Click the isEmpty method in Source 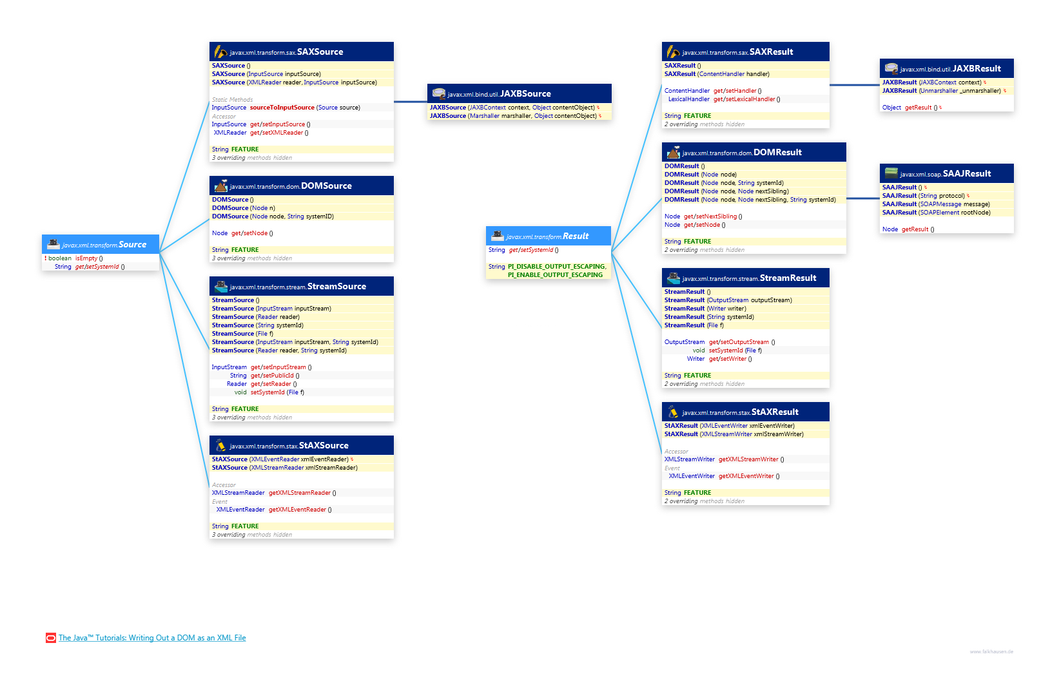tap(86, 258)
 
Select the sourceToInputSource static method tap(282, 108)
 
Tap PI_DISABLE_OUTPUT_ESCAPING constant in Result tap(556, 267)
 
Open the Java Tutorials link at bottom tap(152, 638)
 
